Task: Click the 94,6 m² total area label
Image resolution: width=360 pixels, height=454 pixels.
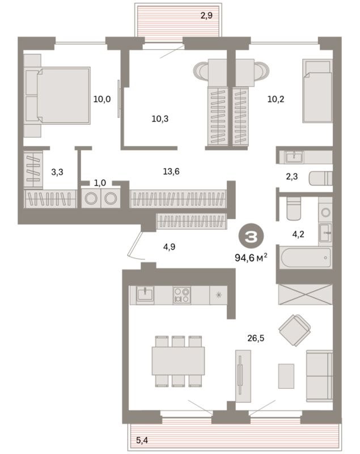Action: pos(251,257)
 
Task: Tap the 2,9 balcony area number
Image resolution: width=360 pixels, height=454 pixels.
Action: pos(206,15)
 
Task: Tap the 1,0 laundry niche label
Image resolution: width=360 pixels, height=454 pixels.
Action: pos(100,183)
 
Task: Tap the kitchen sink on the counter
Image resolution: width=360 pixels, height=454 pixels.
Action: pos(145,294)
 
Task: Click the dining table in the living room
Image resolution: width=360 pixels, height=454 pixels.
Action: pos(178,360)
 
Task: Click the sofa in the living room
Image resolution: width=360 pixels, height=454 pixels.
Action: pos(319,375)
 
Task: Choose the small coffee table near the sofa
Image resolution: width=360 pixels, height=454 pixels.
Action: pos(286,375)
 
